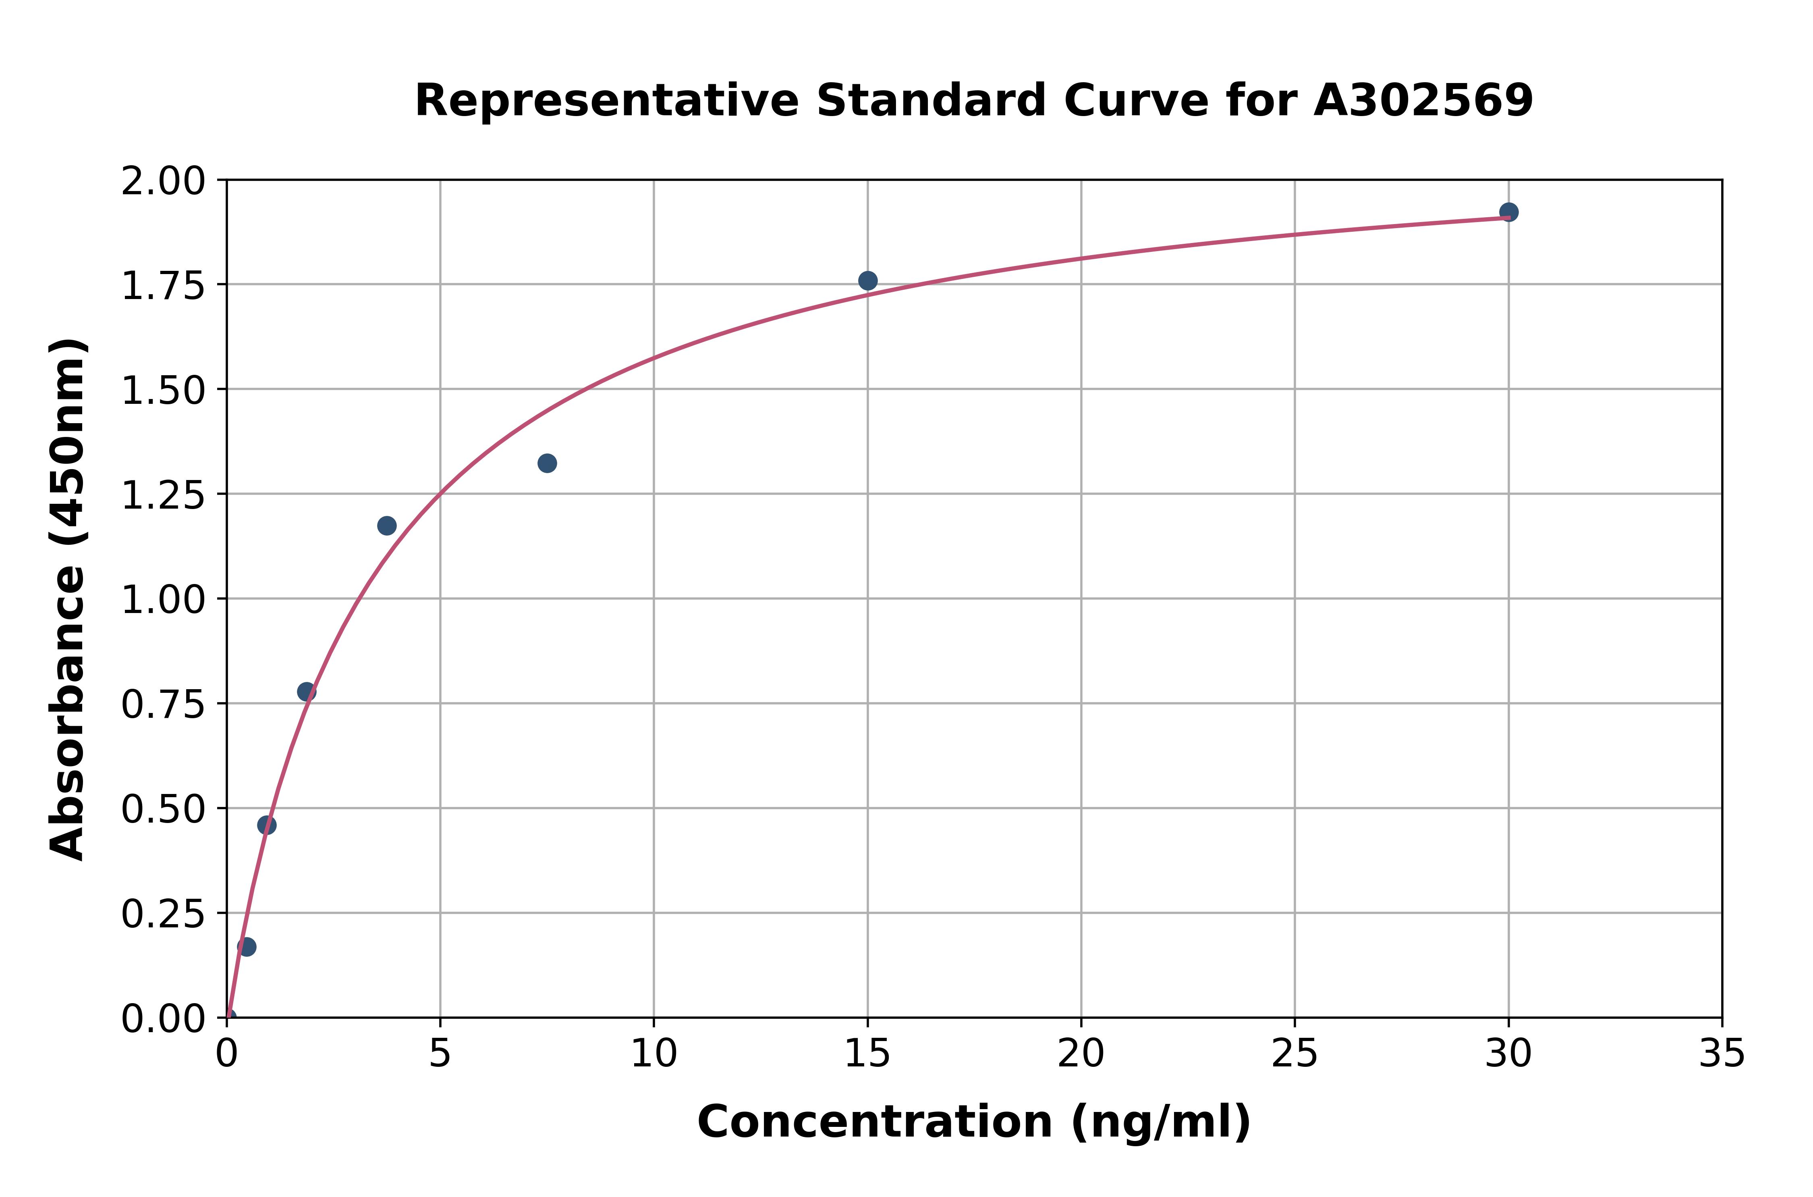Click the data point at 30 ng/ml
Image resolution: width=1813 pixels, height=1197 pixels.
pos(1508,212)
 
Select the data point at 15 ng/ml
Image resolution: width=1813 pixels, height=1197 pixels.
pos(867,281)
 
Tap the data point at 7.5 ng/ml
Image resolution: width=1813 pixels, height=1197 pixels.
pos(547,463)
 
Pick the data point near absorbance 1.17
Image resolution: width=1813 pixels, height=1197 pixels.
pos(387,526)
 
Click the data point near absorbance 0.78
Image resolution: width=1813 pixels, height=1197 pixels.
pos(307,692)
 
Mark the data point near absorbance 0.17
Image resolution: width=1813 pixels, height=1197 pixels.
pos(247,947)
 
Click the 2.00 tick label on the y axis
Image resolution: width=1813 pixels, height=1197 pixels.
pos(163,182)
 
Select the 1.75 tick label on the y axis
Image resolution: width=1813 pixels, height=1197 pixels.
pos(163,286)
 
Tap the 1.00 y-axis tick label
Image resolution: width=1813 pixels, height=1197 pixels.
pos(163,600)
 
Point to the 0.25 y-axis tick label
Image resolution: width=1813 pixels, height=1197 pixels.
pos(163,914)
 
